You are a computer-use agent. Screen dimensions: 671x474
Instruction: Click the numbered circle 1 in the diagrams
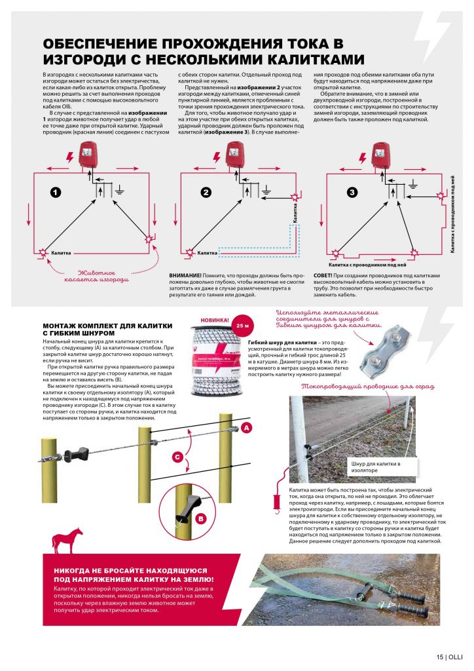pyautogui.click(x=56, y=192)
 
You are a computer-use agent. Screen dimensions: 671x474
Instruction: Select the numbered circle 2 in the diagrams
pyautogui.click(x=206, y=192)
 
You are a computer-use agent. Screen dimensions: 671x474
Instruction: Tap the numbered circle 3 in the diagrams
pyautogui.click(x=352, y=192)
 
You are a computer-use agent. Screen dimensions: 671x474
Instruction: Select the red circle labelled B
pyautogui.click(x=201, y=518)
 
